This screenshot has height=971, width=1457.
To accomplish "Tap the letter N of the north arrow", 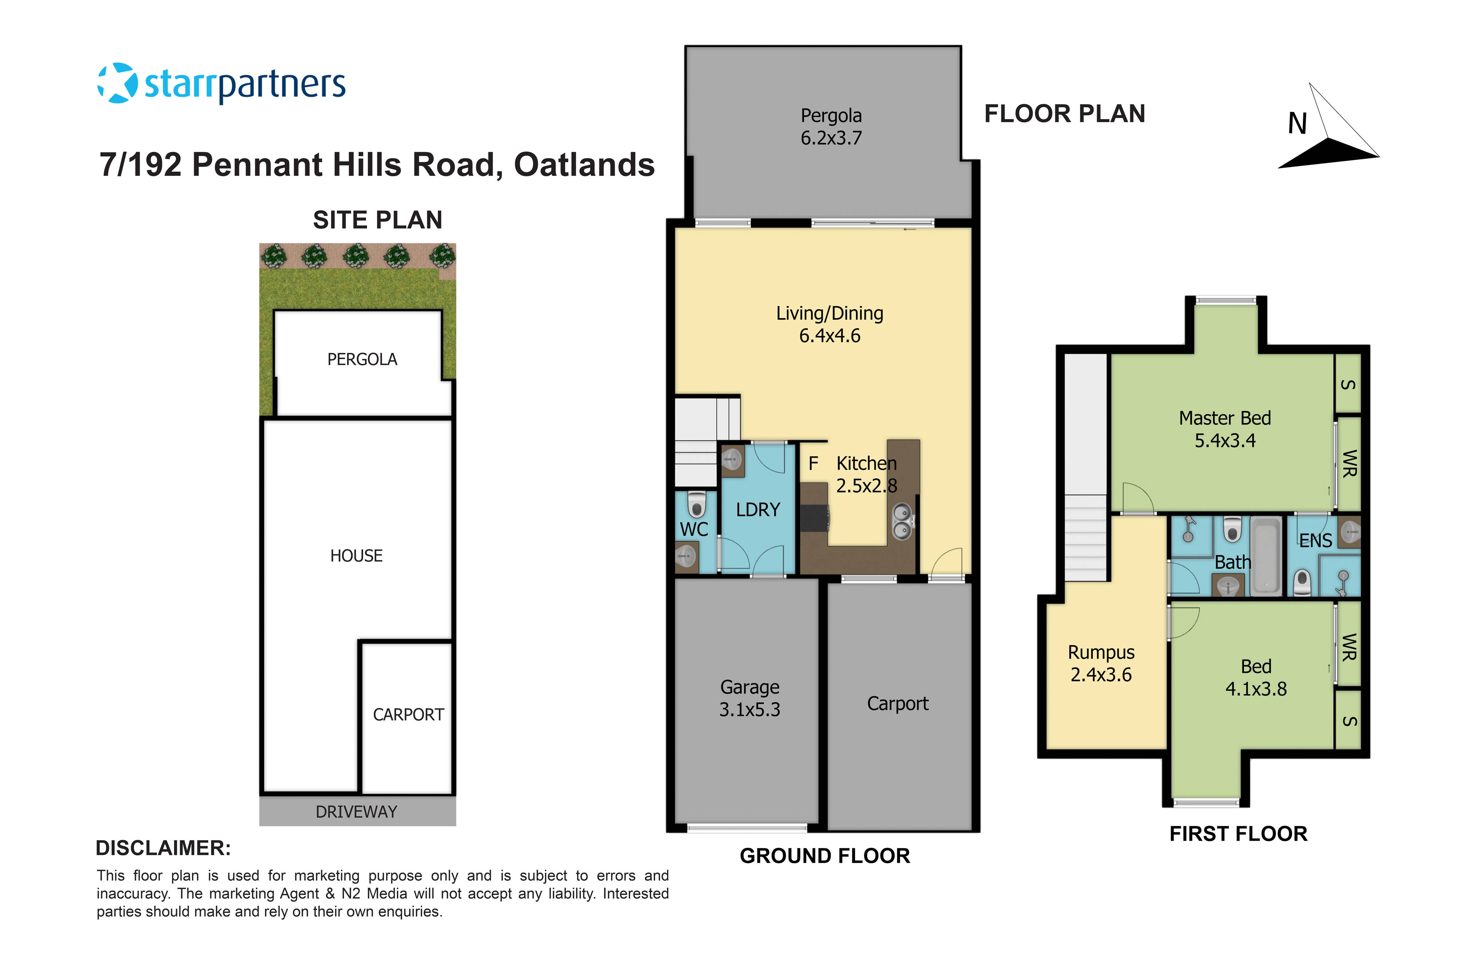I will tap(1297, 124).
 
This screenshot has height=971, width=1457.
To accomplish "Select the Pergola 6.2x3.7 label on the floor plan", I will tap(831, 126).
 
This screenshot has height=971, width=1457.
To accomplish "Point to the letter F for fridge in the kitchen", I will tap(813, 463).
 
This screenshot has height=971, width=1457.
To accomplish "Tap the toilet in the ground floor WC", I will tap(697, 505).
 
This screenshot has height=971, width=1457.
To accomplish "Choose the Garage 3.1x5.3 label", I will tap(750, 698).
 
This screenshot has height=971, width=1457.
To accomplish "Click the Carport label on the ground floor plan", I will tap(898, 703).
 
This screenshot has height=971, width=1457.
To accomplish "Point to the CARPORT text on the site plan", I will tap(408, 715).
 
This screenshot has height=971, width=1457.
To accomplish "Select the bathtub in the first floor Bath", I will tap(1265, 556).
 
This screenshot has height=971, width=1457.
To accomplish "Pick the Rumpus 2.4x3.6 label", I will tap(1101, 663).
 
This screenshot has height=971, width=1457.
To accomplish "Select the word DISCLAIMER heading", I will tap(163, 848).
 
